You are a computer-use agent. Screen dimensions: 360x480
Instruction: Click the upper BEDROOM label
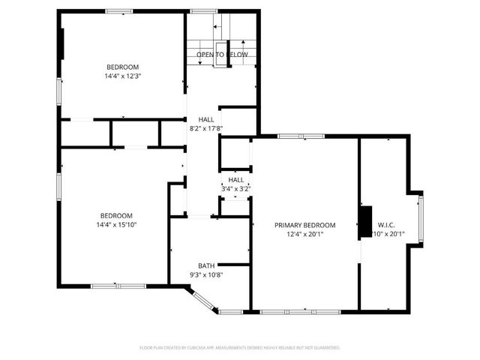123,66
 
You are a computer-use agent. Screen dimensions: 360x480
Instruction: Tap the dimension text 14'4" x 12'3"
123,76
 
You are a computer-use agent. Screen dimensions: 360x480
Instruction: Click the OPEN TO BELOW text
222,55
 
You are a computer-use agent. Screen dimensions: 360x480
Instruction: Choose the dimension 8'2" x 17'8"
205,129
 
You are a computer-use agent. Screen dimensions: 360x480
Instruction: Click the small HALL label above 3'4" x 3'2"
236,180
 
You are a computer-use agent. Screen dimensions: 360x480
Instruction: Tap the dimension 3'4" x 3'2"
236,189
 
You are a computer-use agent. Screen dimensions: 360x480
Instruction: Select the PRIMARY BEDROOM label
304,225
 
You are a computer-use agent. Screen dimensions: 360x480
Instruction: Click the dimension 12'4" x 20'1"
304,234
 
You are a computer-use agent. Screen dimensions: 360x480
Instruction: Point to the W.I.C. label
386,224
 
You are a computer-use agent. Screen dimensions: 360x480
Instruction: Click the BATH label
206,266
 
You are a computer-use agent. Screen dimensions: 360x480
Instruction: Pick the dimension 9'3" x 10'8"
206,275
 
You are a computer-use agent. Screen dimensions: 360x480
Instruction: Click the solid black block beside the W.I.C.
365,220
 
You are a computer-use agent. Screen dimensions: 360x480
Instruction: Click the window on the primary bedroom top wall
301,136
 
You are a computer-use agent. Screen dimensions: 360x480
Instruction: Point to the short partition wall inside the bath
233,264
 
